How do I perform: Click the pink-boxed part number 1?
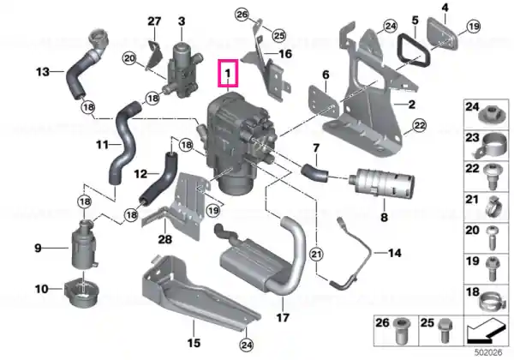pyautogui.click(x=228, y=73)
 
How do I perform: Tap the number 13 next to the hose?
pyautogui.click(x=43, y=71)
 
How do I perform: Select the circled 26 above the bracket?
pyautogui.click(x=242, y=15)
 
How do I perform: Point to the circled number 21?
pyautogui.click(x=316, y=254)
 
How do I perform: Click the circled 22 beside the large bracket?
pyautogui.click(x=420, y=125)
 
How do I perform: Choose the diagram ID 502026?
pyautogui.click(x=488, y=353)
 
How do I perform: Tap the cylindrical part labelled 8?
pyautogui.click(x=382, y=183)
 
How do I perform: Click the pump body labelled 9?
pyautogui.click(x=84, y=248)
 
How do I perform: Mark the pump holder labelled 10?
pyautogui.click(x=81, y=292)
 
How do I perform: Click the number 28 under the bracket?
pyautogui.click(x=164, y=239)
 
